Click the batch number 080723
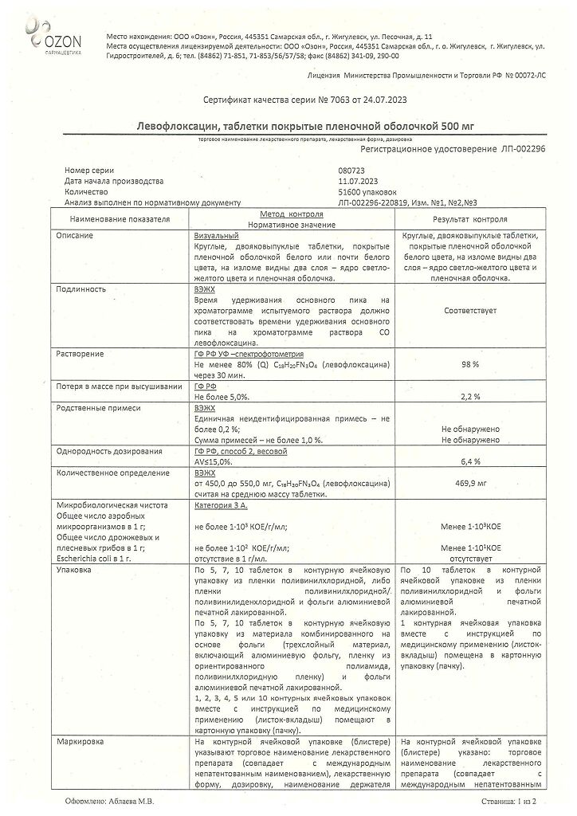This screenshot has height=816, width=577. [351, 171]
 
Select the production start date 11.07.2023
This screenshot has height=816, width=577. [359, 182]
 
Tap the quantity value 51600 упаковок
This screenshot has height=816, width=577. [367, 192]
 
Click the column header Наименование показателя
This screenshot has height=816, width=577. [120, 219]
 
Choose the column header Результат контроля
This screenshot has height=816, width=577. [469, 219]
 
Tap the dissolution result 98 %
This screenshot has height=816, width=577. [469, 363]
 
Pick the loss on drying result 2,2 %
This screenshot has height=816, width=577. [469, 395]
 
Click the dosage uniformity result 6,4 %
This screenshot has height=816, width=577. [469, 461]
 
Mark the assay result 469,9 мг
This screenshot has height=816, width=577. [469, 483]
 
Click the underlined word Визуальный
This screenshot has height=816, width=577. [217, 237]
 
